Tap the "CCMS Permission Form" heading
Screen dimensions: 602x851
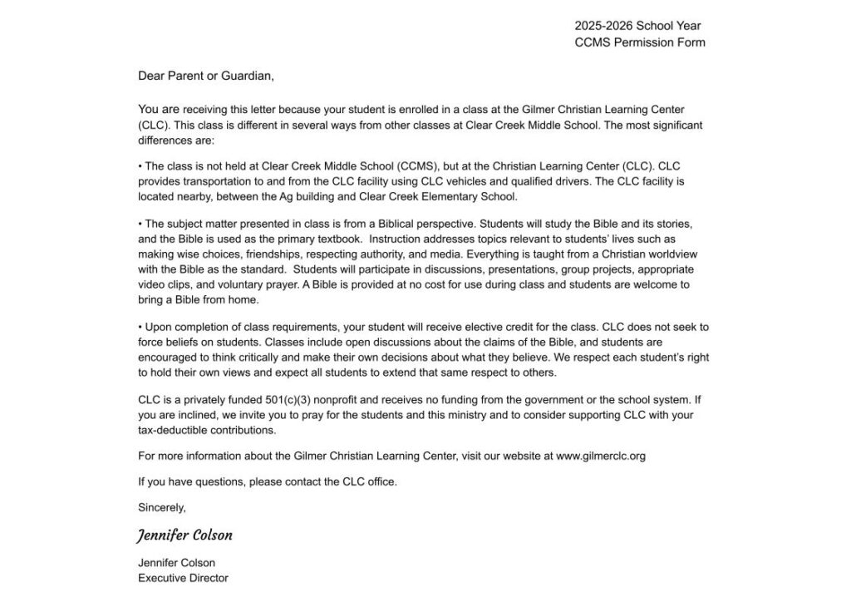point(640,42)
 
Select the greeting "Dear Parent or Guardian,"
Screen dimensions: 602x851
point(206,76)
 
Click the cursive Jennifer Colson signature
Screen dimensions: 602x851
point(185,535)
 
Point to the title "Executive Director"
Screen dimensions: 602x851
point(183,578)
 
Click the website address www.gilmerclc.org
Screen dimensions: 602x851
point(601,456)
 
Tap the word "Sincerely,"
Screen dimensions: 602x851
point(162,506)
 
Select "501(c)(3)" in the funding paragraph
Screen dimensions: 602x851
point(298,400)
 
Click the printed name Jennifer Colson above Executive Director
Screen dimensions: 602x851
point(176,563)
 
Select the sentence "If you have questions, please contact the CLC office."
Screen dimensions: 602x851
point(268,481)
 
